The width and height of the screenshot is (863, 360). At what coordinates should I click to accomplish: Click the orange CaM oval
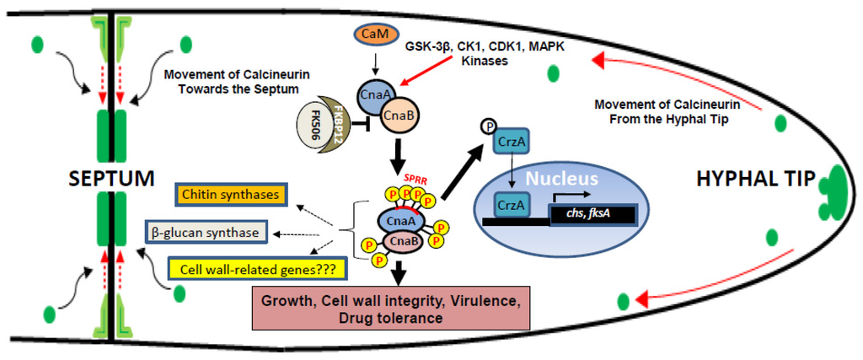(x=370, y=36)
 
